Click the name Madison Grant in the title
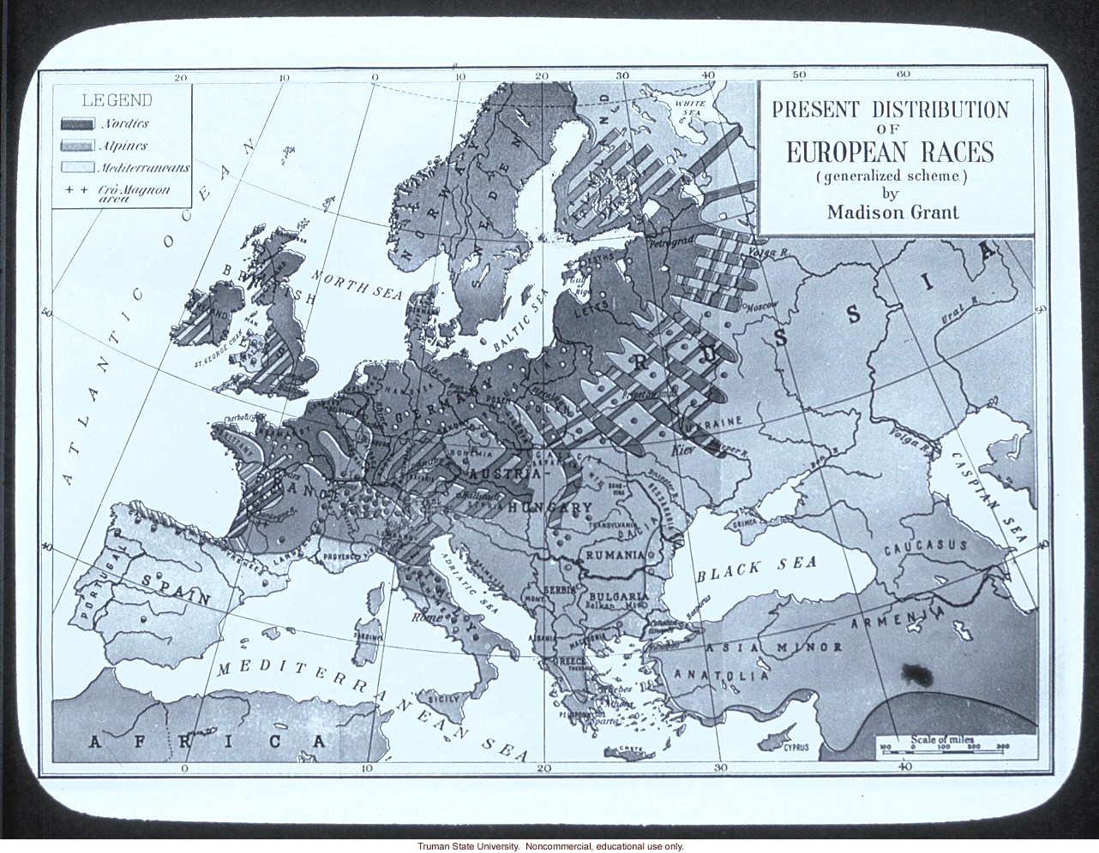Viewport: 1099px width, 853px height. pos(892,212)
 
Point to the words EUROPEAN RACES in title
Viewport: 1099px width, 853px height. pos(890,152)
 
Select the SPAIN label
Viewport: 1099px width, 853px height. pos(176,588)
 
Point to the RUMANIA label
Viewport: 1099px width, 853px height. pos(614,555)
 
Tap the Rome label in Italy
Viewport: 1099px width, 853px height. pos(428,617)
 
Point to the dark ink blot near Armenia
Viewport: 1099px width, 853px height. pos(916,674)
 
